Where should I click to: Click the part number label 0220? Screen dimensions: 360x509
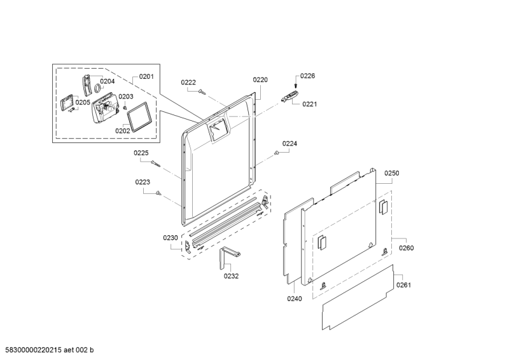(x=260, y=80)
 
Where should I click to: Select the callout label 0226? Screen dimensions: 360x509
(x=307, y=76)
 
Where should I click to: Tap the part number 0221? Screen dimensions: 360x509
(x=309, y=104)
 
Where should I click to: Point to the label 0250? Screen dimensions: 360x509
(x=391, y=173)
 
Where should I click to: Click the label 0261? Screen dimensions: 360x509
(x=403, y=285)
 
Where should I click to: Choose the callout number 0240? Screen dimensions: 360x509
(x=295, y=298)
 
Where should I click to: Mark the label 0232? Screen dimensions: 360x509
(x=231, y=276)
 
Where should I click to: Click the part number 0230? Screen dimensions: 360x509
(x=171, y=238)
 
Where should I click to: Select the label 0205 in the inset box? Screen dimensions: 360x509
(x=82, y=102)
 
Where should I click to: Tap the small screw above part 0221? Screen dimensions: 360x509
(x=296, y=86)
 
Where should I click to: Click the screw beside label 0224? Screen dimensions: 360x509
(x=277, y=153)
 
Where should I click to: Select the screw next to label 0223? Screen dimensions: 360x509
(x=160, y=193)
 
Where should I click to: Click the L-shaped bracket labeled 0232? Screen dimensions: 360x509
(x=228, y=257)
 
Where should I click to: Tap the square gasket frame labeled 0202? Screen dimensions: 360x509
(x=139, y=116)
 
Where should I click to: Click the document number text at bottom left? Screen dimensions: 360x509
(x=49, y=350)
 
